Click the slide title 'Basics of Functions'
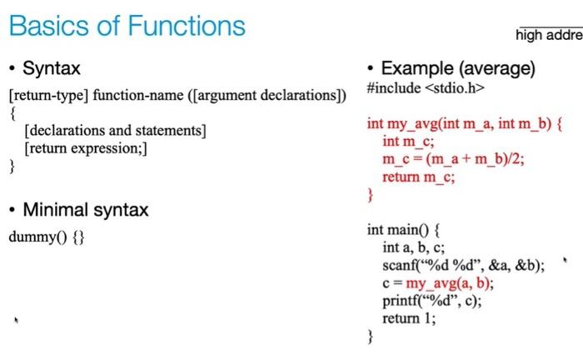[x=127, y=26]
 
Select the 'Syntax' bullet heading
[x=52, y=68]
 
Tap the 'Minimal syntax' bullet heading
[x=86, y=210]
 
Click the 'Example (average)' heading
[x=458, y=69]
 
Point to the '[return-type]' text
[x=48, y=96]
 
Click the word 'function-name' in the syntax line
[x=138, y=95]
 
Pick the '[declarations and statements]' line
[x=115, y=131]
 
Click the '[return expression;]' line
[x=86, y=149]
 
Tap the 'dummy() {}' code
[x=47, y=237]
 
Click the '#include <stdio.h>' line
[x=426, y=88]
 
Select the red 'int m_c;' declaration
[x=408, y=142]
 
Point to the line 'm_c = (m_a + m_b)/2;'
[x=453, y=159]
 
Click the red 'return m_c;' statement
[x=419, y=177]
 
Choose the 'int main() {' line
[x=404, y=230]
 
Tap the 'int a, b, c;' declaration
[x=413, y=247]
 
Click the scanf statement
[x=464, y=266]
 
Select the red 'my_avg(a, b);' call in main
[x=450, y=284]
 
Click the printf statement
[x=432, y=301]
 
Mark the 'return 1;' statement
[x=409, y=318]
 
